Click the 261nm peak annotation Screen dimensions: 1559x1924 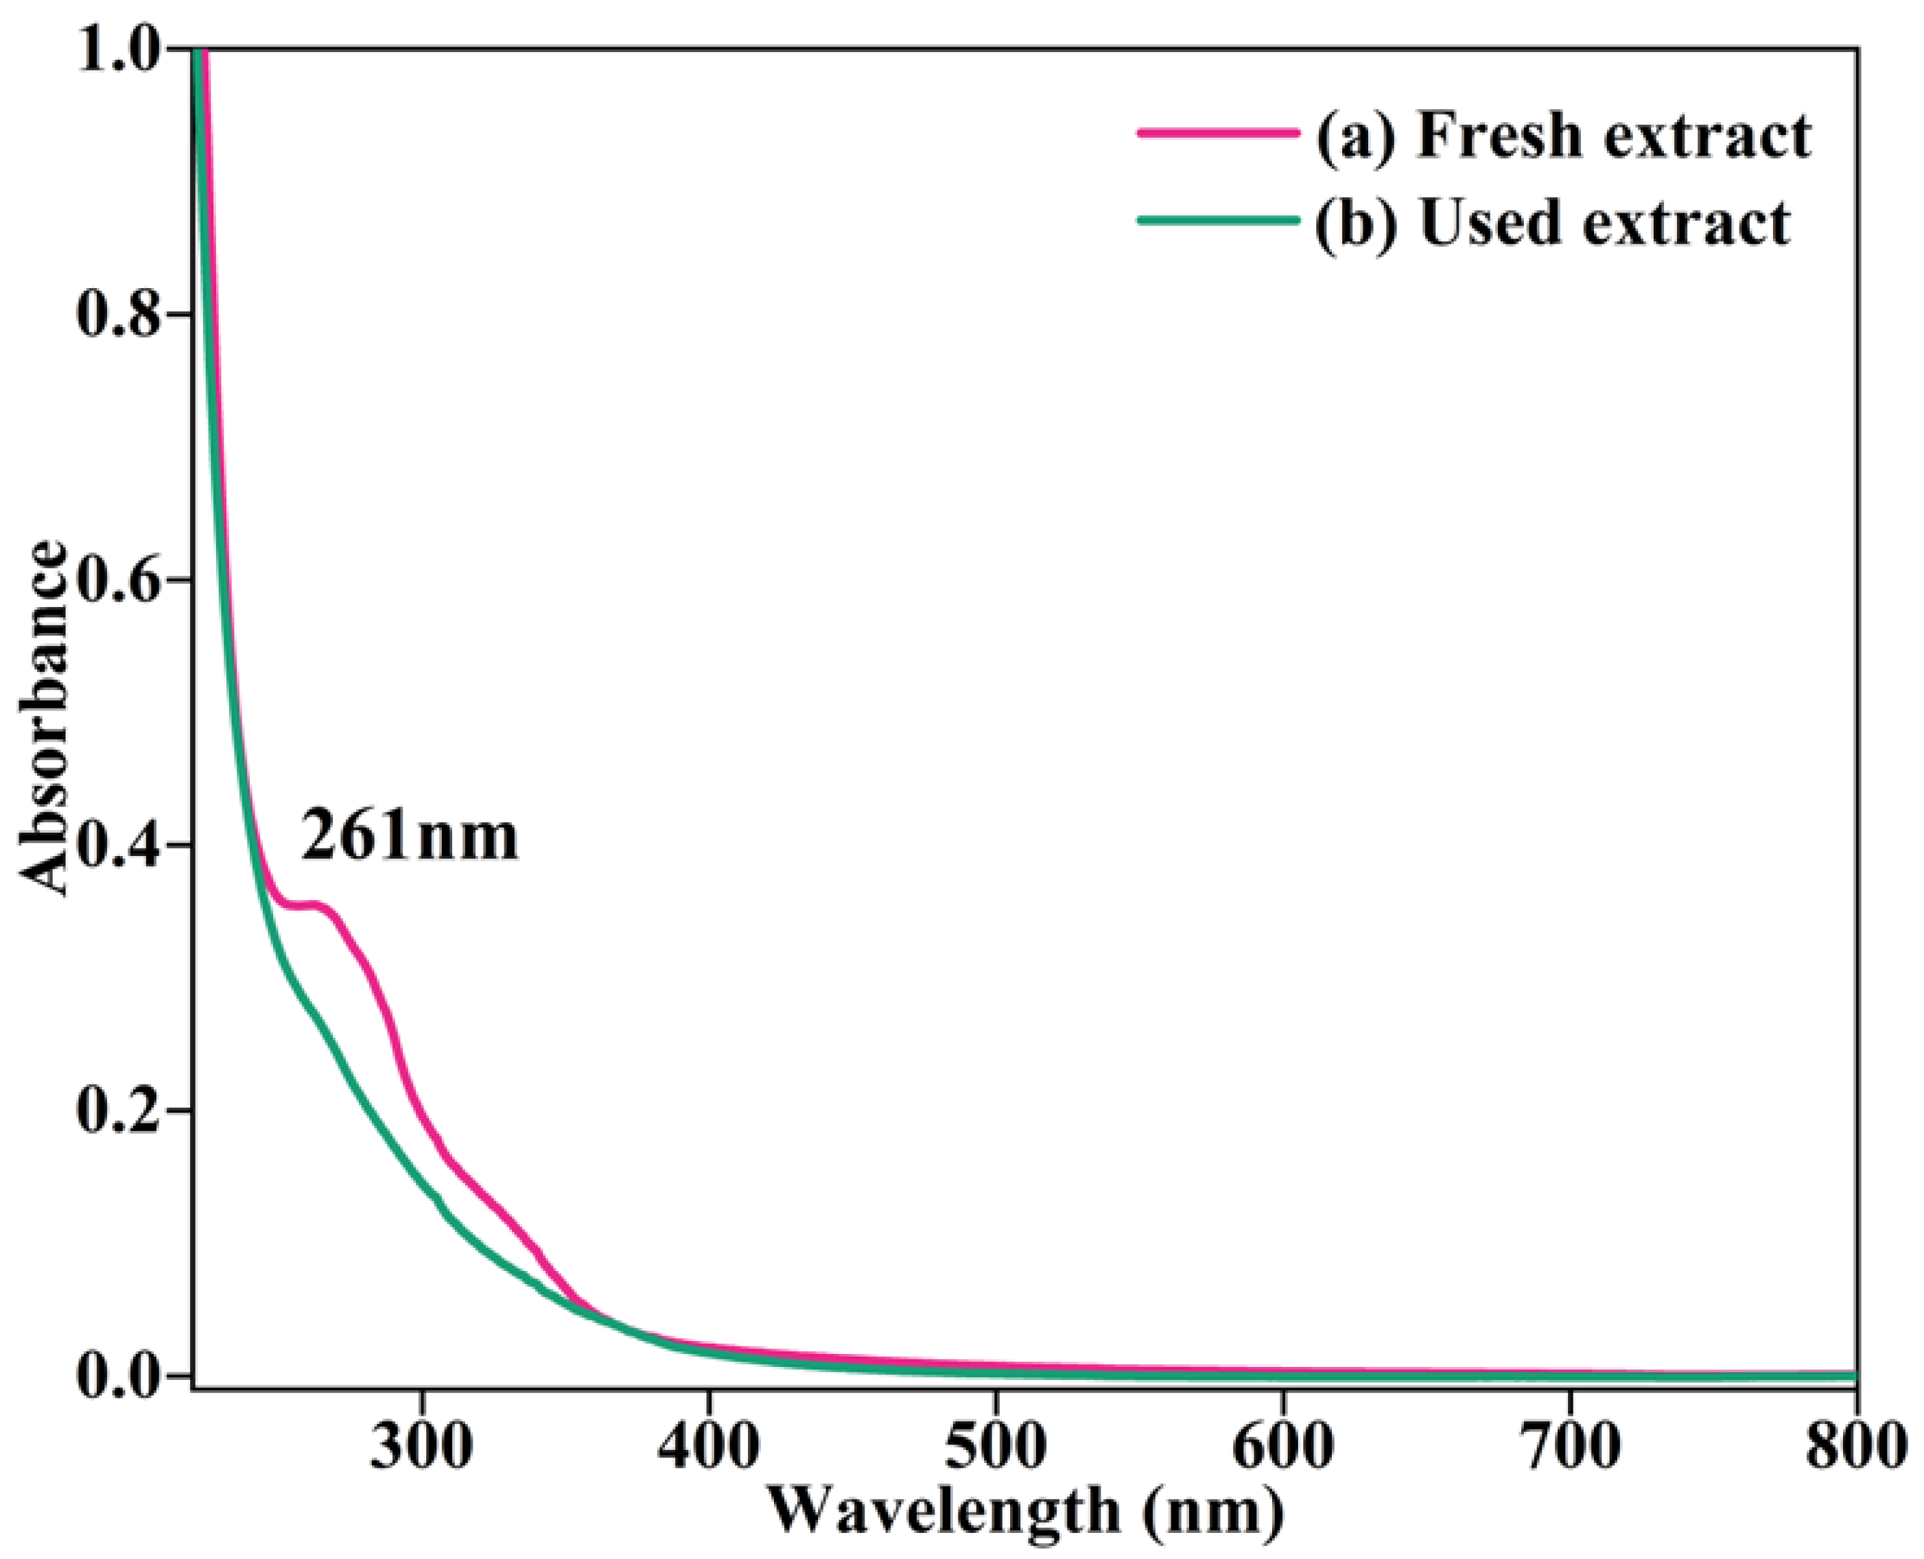[x=410, y=836]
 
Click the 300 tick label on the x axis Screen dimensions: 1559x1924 [x=422, y=1445]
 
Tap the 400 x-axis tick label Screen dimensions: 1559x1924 [x=709, y=1445]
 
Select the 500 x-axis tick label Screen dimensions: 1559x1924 [x=995, y=1445]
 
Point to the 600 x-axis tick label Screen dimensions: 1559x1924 [x=1282, y=1445]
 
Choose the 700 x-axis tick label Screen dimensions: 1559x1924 [x=1569, y=1445]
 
